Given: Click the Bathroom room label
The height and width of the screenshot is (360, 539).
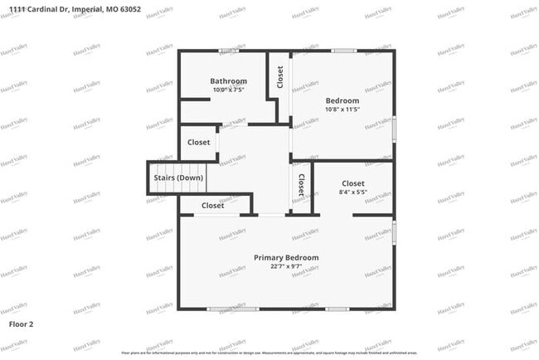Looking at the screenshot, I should (x=228, y=81).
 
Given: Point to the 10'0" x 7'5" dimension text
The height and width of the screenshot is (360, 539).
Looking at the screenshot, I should (x=228, y=90).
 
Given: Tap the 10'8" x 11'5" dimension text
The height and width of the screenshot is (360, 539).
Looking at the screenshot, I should (x=342, y=109).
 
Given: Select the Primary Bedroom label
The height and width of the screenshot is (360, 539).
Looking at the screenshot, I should (x=286, y=258).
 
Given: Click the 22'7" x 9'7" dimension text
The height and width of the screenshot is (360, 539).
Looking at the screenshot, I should (x=286, y=266).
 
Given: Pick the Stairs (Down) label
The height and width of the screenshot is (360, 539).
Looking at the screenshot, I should (x=178, y=178).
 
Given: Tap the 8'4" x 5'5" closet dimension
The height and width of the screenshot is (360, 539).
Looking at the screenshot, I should (x=353, y=192).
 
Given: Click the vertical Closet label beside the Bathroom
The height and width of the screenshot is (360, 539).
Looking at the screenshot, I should (x=280, y=78).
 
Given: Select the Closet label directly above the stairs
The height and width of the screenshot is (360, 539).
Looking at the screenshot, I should (x=198, y=143).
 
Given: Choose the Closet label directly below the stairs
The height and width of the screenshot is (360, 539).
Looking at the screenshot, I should (x=213, y=206).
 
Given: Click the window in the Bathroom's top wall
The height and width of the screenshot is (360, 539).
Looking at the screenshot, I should (x=229, y=51).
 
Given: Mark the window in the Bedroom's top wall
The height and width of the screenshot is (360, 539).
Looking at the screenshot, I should (x=343, y=51).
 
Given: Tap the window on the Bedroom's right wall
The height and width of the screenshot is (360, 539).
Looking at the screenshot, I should (x=394, y=127).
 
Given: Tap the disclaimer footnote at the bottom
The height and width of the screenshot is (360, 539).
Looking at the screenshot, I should (x=269, y=353).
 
